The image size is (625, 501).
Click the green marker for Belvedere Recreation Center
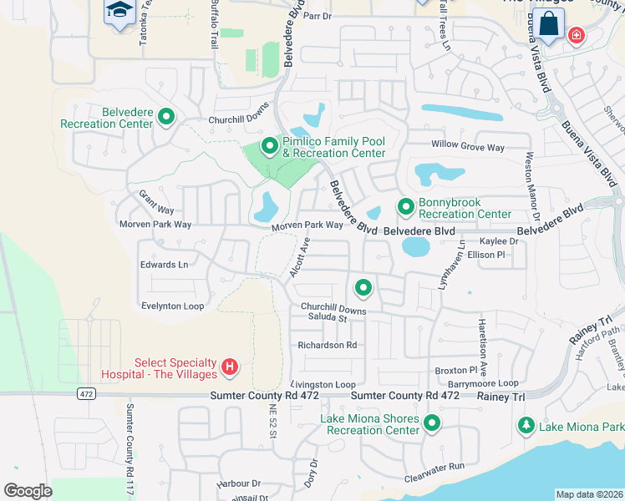(x=165, y=118)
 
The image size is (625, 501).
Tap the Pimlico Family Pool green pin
(x=269, y=147)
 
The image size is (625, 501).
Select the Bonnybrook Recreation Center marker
(x=405, y=206)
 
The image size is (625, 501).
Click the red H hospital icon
(x=230, y=367)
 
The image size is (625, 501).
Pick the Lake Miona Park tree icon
(x=526, y=426)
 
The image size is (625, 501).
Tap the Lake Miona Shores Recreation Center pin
(x=432, y=423)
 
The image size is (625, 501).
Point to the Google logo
(x=28, y=491)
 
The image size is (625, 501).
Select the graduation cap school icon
(x=119, y=11)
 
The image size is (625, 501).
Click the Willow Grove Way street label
(x=468, y=147)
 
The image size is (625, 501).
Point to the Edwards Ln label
(x=164, y=265)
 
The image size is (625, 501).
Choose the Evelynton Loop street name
(x=172, y=306)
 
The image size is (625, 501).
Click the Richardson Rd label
(x=328, y=345)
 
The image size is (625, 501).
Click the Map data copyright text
(x=589, y=494)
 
